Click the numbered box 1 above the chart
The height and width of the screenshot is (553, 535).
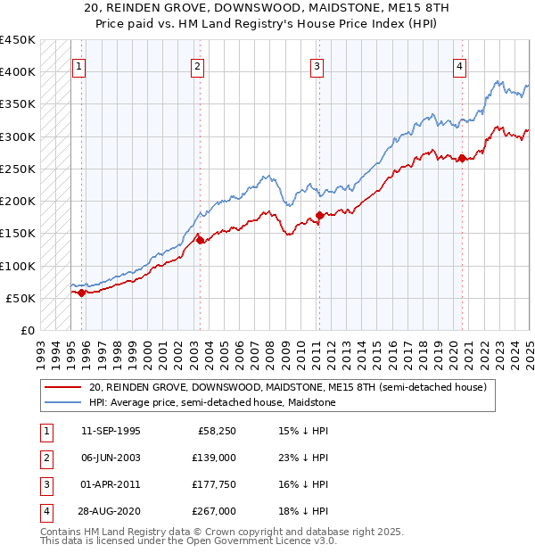tap(78, 65)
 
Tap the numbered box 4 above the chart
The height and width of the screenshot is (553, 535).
tap(459, 65)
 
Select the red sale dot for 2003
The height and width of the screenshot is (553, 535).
tap(200, 240)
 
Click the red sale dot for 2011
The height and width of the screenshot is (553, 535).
tap(319, 216)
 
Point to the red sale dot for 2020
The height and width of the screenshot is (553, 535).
tap(463, 159)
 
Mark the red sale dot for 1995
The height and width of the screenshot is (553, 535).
tap(81, 293)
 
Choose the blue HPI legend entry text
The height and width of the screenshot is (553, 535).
tap(211, 402)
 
